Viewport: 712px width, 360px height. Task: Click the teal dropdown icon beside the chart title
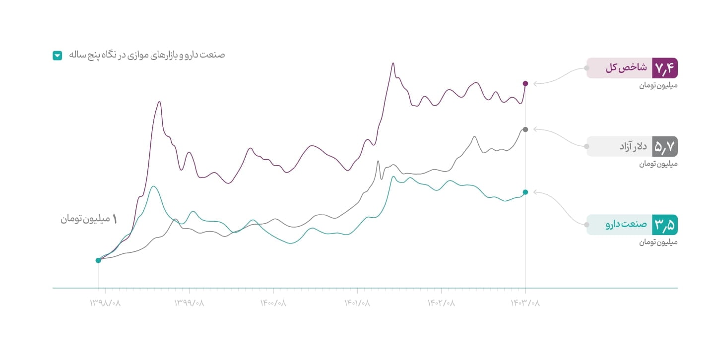coord(57,56)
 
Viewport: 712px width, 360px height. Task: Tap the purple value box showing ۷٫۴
coord(665,68)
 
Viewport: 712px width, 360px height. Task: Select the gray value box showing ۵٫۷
coord(665,146)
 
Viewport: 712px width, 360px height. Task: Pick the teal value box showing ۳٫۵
coord(665,225)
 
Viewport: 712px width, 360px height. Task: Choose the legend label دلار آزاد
coord(633,146)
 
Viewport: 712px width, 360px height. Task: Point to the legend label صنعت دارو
coord(626,225)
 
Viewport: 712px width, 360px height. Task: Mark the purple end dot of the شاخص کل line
coord(525,83)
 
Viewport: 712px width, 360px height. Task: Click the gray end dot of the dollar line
coord(525,129)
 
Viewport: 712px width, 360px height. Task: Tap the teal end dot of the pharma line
coord(525,192)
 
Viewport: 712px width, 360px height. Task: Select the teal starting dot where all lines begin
coord(98,260)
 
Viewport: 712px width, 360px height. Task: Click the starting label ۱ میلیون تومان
coord(89,219)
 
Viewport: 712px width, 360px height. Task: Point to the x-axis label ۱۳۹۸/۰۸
coord(105,302)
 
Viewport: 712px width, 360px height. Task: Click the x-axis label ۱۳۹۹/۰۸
coord(189,302)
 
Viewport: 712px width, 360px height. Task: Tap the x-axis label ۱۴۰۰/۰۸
coord(273,302)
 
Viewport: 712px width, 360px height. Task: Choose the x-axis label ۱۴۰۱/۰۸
coord(357,302)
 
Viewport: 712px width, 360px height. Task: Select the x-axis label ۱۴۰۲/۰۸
coord(441,302)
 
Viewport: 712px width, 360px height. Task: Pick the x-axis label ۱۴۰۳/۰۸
coord(525,302)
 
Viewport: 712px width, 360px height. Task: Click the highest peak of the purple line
coord(393,63)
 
